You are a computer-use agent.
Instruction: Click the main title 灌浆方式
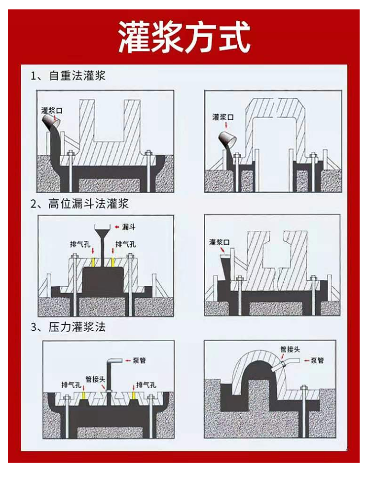184,37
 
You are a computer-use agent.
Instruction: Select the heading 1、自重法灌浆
68,76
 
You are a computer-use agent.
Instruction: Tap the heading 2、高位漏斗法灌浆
79,203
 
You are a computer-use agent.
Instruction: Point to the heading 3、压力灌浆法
68,327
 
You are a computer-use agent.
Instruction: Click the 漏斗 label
129,227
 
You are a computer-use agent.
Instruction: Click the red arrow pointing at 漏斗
117,227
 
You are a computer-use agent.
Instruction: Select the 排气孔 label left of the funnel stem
80,244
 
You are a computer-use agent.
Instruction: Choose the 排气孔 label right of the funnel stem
126,244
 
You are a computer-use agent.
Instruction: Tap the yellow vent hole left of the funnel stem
94,262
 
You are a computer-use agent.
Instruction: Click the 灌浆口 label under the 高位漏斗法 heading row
219,242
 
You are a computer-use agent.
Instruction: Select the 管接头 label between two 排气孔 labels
95,379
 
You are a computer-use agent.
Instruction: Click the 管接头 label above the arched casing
291,349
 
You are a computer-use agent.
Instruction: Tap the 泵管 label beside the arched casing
317,360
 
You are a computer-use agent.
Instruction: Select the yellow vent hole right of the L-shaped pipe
134,395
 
